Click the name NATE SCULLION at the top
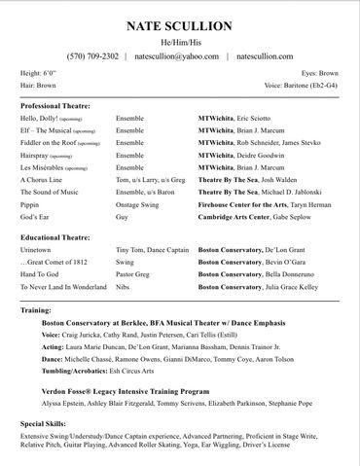coord(179,24)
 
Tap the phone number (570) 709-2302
coord(92,56)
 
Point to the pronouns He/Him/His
coord(179,42)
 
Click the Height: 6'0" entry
coord(38,73)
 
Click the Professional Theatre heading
coord(55,105)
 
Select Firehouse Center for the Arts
coord(240,205)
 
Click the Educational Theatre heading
coord(54,236)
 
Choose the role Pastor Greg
coord(135,274)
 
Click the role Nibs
coord(124,287)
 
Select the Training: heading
coord(36,309)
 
